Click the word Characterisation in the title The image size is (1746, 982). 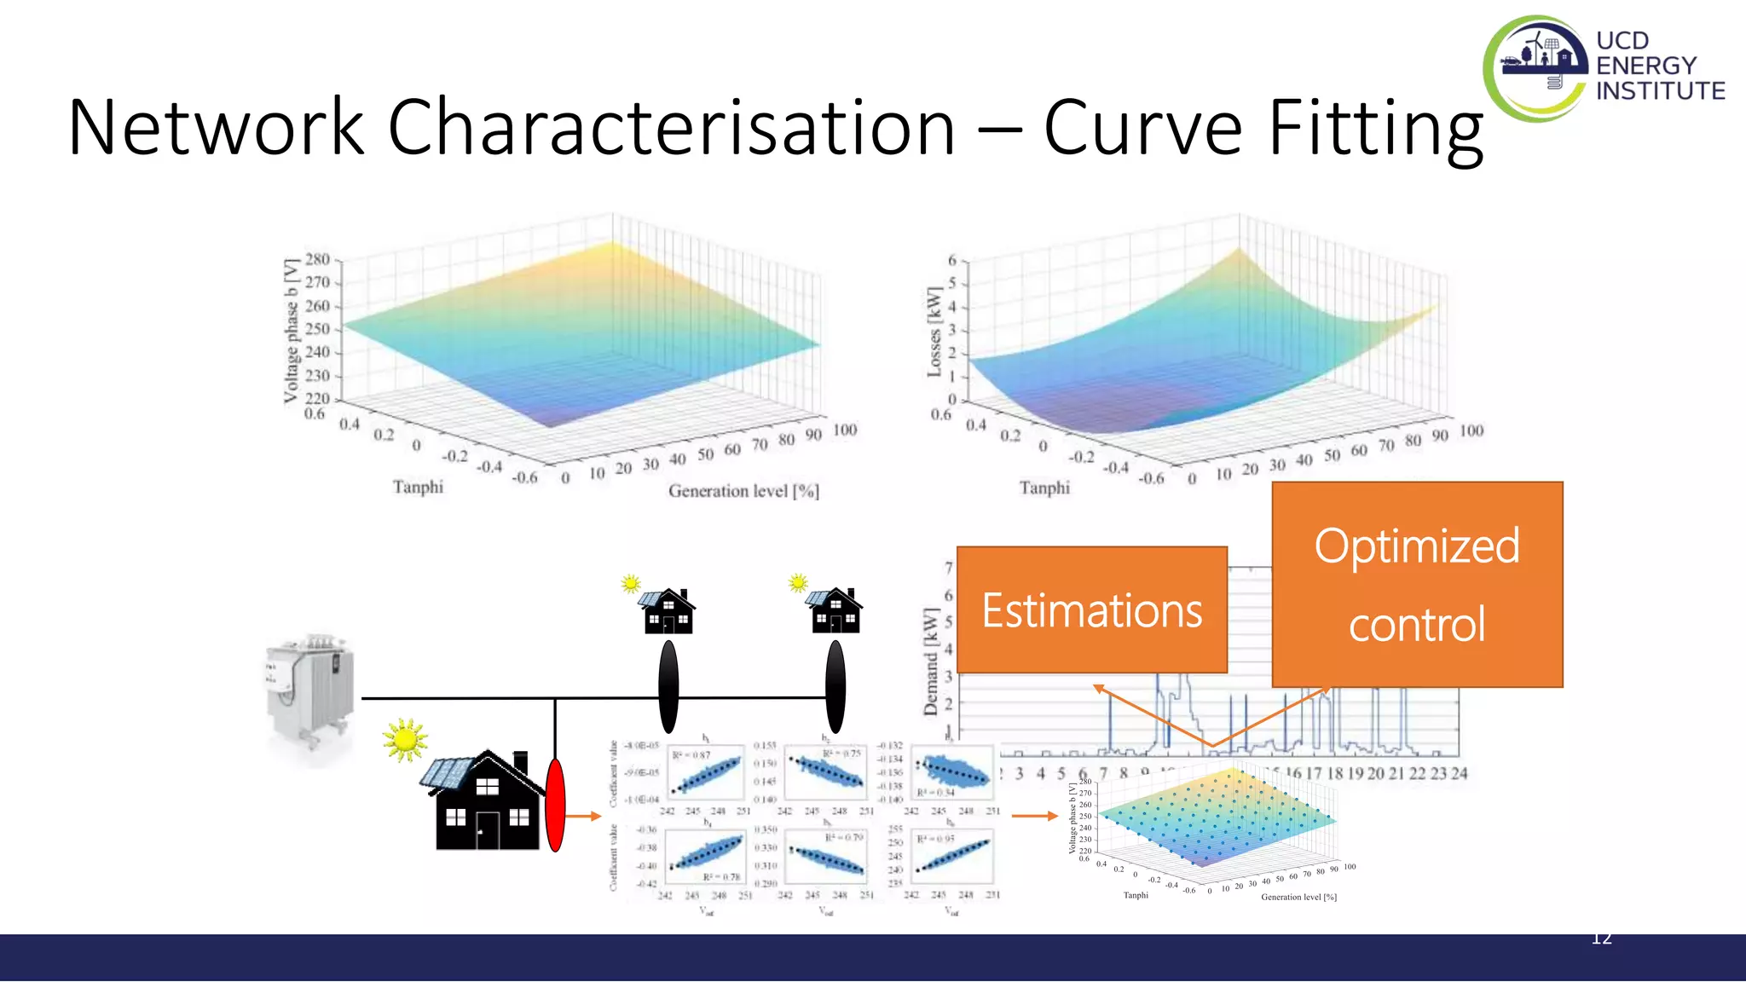[x=671, y=128]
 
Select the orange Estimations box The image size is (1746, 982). [x=1091, y=610]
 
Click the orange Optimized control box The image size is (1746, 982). [x=1417, y=585]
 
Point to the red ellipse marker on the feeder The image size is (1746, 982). [x=555, y=805]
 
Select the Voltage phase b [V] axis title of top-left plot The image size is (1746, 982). [x=292, y=330]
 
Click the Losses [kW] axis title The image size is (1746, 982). [x=934, y=332]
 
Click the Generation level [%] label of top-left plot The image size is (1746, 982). [x=743, y=491]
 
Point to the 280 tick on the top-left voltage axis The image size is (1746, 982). [x=317, y=259]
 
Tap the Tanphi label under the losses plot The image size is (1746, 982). [x=1044, y=488]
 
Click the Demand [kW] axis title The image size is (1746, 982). [x=931, y=661]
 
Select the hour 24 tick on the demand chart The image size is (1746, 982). [x=1459, y=773]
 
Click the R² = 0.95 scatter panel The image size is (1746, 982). [x=952, y=858]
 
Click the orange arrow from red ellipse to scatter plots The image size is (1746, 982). [x=584, y=816]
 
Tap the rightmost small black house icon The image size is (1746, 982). [x=835, y=611]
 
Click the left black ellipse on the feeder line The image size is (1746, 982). [x=668, y=687]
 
